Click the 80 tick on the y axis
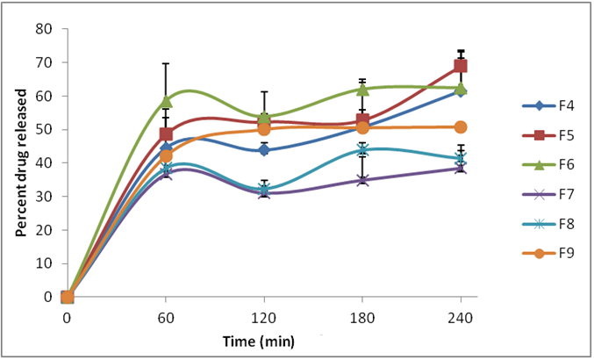click(x=43, y=29)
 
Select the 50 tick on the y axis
click(x=43, y=130)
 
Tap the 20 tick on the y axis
click(x=43, y=230)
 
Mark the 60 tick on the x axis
click(x=165, y=317)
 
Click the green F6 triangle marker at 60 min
click(x=166, y=102)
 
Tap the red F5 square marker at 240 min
click(x=460, y=66)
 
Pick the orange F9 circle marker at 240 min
click(x=460, y=127)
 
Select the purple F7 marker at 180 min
click(x=361, y=180)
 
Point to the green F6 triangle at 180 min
click(x=361, y=90)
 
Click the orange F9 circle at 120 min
click(x=263, y=129)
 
